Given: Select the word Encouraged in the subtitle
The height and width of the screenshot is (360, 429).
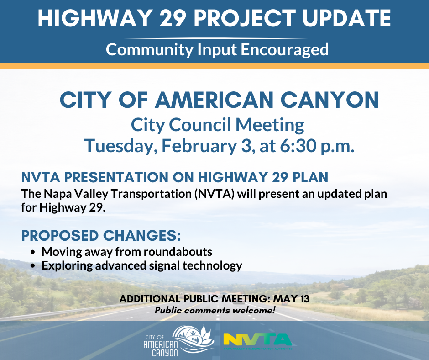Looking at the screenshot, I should (283, 49).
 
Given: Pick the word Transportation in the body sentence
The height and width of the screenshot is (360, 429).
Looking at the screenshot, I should (150, 194).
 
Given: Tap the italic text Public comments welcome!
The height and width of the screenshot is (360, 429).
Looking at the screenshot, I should (215, 311).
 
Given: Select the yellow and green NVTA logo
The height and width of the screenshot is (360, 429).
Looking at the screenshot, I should (257, 340).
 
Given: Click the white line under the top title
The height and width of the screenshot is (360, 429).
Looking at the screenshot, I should (214, 38).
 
